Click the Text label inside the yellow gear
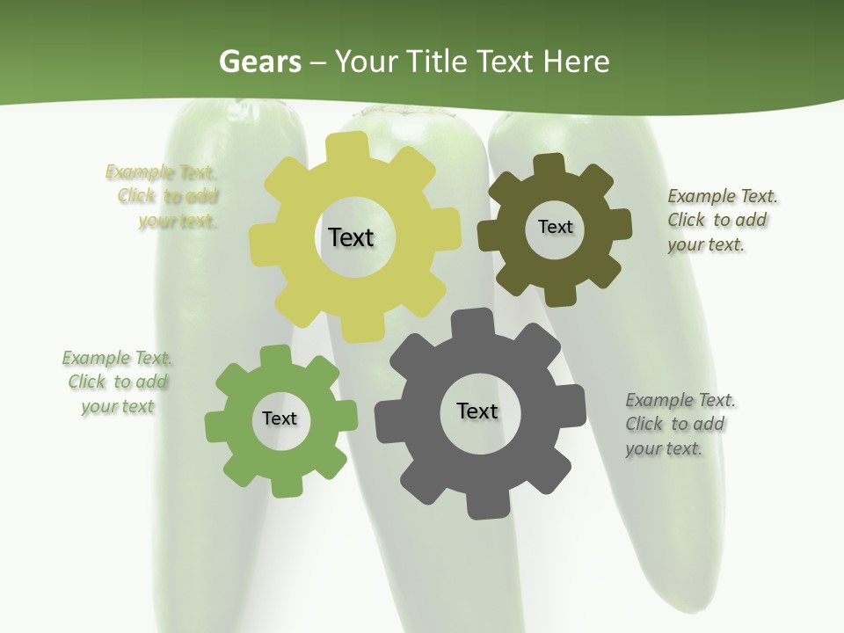351,237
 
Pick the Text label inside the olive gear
555,227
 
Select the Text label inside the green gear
280,418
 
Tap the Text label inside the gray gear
477,411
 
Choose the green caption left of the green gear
118,382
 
